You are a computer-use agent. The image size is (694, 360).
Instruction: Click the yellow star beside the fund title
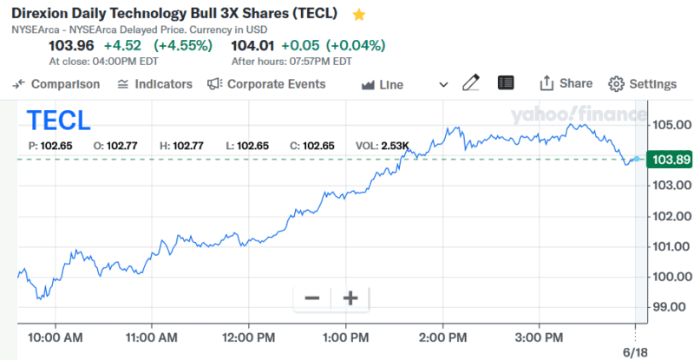(x=359, y=15)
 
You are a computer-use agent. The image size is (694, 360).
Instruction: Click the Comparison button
(x=57, y=84)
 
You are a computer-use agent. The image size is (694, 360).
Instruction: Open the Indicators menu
(x=154, y=84)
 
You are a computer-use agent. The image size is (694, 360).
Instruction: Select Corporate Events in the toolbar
(x=266, y=84)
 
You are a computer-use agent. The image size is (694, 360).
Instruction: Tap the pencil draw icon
(x=471, y=83)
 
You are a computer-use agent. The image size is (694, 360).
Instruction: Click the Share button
(x=566, y=83)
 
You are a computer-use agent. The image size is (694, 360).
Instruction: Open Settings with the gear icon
(x=642, y=84)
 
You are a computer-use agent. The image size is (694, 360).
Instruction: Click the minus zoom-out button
(x=312, y=298)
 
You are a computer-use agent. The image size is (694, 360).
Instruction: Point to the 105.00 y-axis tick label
(x=672, y=125)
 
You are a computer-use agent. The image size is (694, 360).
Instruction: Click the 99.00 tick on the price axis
(x=672, y=307)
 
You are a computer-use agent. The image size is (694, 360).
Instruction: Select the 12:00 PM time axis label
(x=249, y=337)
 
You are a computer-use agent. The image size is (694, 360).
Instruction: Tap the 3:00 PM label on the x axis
(x=540, y=337)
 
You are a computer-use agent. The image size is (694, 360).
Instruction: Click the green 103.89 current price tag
(x=671, y=160)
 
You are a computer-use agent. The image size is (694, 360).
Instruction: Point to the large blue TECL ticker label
(x=58, y=121)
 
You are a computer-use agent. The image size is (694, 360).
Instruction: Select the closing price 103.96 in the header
(x=71, y=45)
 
